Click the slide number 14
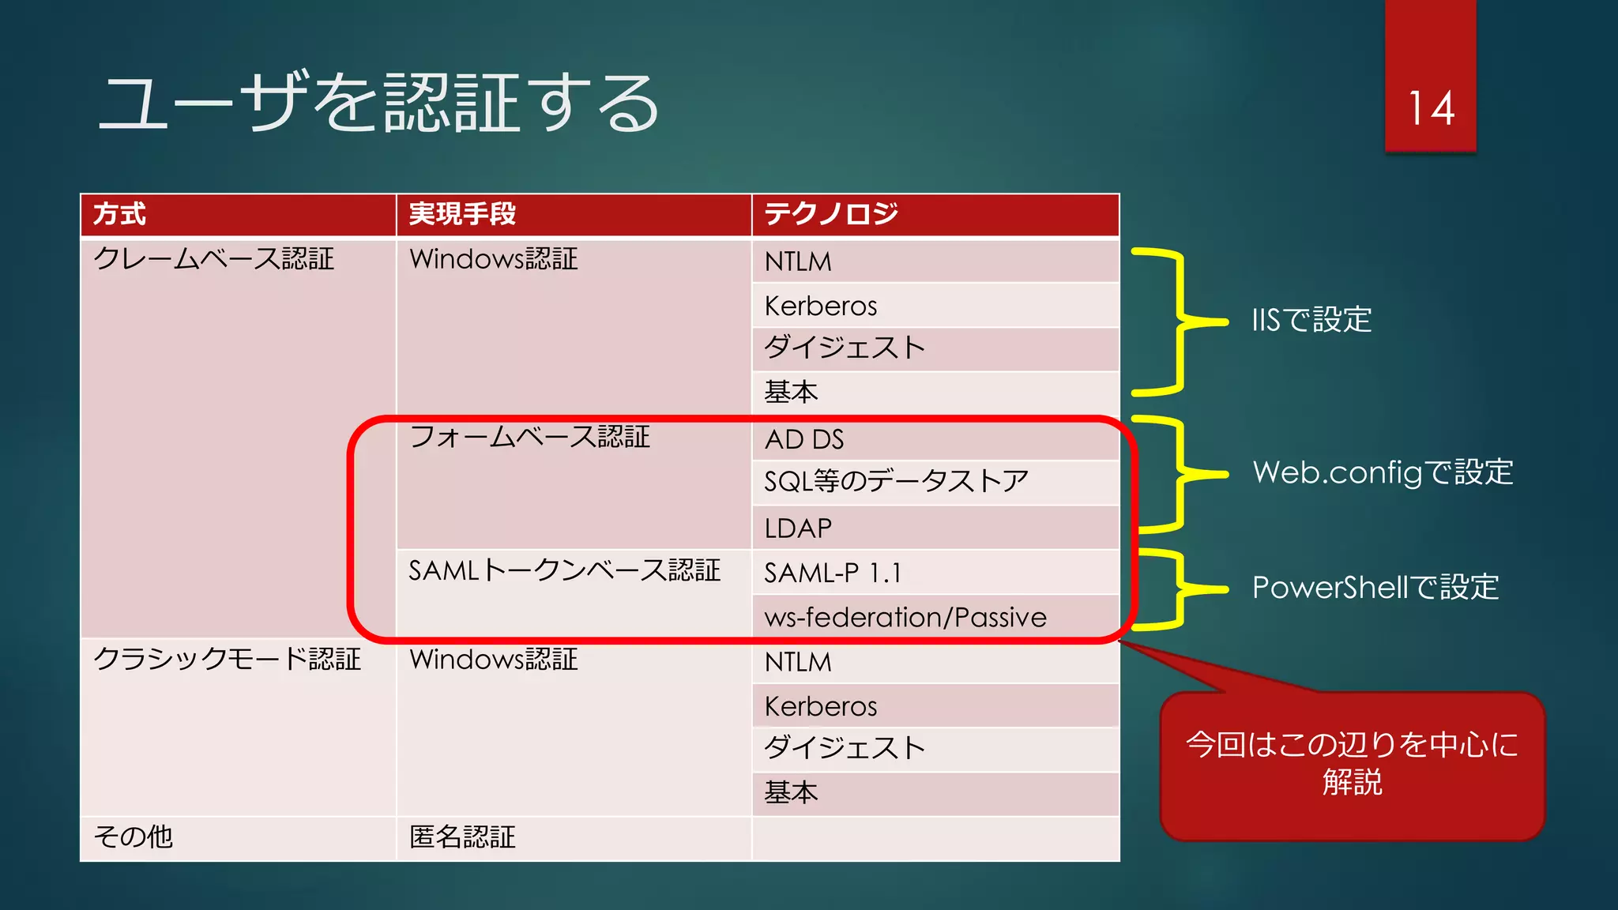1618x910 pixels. (x=1431, y=108)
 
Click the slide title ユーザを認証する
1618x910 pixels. (x=378, y=103)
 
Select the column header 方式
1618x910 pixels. (x=120, y=214)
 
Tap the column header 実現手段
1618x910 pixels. (x=462, y=214)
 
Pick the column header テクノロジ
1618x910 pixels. (x=831, y=214)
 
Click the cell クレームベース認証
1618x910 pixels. (x=213, y=259)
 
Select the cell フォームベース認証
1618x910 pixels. (x=529, y=437)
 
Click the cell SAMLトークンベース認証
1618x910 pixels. (x=564, y=570)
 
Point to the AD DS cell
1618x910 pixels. (x=804, y=439)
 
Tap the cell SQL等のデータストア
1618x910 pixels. (x=896, y=481)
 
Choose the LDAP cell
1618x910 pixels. (x=798, y=528)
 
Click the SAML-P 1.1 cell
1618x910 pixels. (x=833, y=573)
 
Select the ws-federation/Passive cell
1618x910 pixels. (x=905, y=617)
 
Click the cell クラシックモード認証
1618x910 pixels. (x=227, y=659)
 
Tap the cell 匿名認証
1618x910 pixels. (x=462, y=837)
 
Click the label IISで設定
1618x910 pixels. (x=1311, y=320)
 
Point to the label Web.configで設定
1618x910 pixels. (x=1383, y=472)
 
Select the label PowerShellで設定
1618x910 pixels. (x=1375, y=588)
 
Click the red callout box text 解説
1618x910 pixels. (x=1352, y=782)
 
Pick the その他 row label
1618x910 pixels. (x=133, y=837)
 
